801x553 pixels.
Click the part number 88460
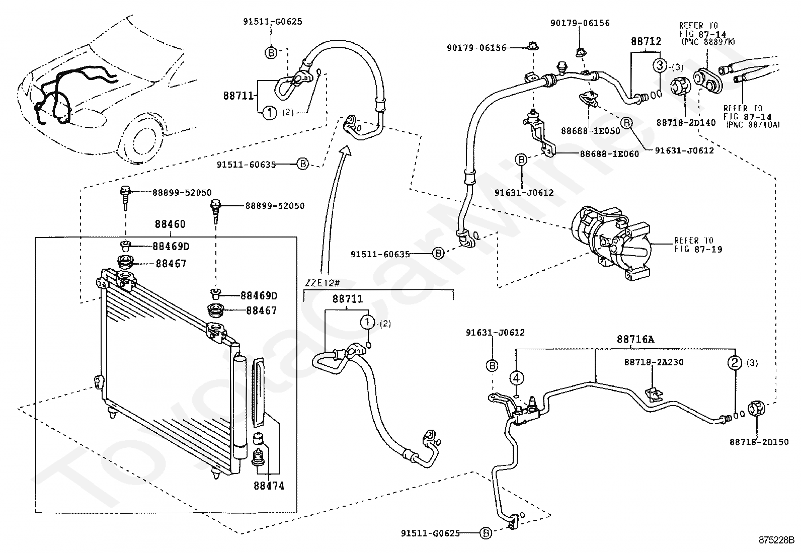(x=170, y=224)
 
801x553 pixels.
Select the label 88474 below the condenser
(x=269, y=486)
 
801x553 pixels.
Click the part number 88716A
(x=635, y=339)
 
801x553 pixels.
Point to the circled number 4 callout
(x=517, y=378)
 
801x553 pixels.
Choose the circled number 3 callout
(x=660, y=65)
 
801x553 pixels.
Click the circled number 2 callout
(x=735, y=363)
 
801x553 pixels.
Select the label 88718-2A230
(x=654, y=362)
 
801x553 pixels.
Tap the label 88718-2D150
(x=759, y=442)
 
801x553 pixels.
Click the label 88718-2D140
(x=686, y=123)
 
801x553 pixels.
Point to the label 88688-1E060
(x=609, y=154)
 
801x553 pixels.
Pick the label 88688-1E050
(x=591, y=131)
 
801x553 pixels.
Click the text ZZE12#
(x=322, y=283)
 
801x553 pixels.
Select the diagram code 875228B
(x=777, y=540)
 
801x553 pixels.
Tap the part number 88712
(x=646, y=41)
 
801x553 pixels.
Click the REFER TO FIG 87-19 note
(x=698, y=245)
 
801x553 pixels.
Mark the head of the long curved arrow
(x=346, y=150)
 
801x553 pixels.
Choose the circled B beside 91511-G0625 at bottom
(x=486, y=533)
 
